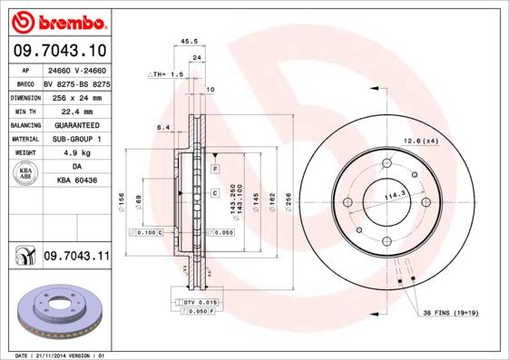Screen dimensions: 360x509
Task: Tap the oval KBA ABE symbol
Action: pos(26,174)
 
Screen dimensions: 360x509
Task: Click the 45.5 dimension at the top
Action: pos(190,42)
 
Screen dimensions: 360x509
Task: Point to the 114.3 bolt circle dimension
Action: pos(393,194)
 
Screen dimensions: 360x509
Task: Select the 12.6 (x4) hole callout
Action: pos(420,141)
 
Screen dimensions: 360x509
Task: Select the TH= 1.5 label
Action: pos(168,74)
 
